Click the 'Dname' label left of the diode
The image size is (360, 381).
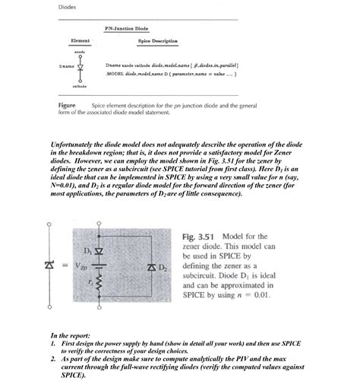click(66, 66)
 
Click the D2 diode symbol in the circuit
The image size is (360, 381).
click(150, 268)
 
